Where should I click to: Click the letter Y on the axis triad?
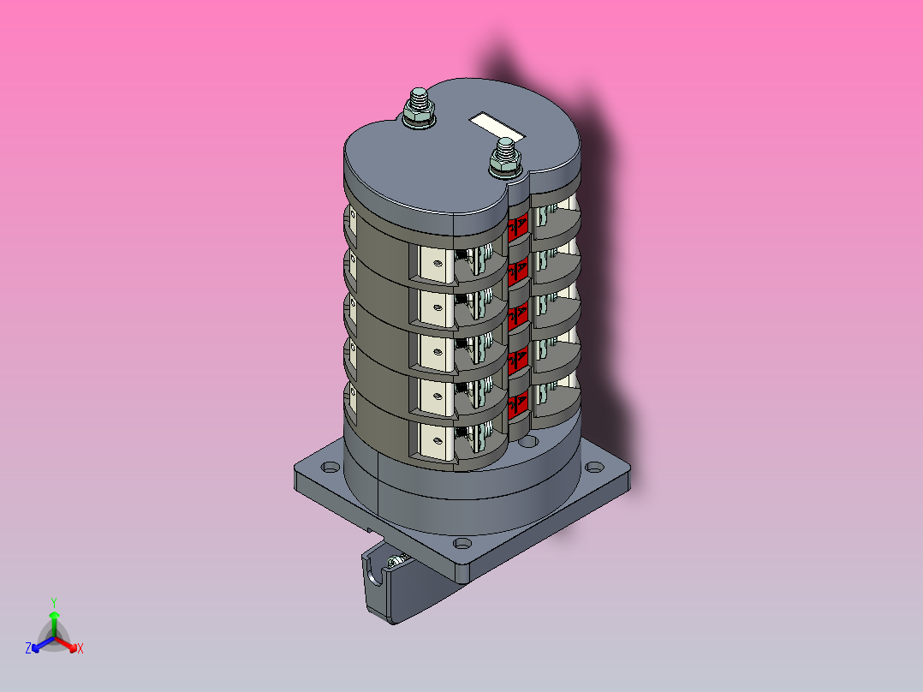(54, 602)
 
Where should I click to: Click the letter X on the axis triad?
(80, 648)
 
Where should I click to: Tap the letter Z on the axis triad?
(28, 648)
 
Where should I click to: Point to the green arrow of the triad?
(54, 624)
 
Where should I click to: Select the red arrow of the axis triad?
(66, 644)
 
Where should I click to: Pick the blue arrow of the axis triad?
(43, 644)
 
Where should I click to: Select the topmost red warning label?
(518, 229)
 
